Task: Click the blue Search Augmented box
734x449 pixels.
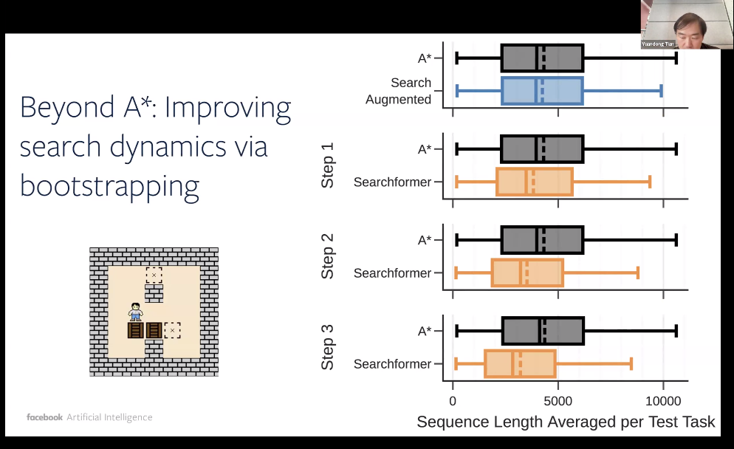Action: coord(542,91)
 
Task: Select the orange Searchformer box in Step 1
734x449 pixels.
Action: coord(535,182)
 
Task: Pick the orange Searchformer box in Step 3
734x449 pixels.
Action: coord(520,364)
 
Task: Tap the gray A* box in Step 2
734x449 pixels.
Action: coord(542,240)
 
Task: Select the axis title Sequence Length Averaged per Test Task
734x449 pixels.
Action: coord(566,422)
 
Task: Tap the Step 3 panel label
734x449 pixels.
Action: coord(328,347)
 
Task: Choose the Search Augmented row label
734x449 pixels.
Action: coord(399,92)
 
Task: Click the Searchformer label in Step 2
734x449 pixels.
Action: coord(392,273)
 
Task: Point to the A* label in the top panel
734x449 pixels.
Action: coord(424,58)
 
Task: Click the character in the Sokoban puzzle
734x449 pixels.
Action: coord(135,312)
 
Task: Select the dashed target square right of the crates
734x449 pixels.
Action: coord(172,329)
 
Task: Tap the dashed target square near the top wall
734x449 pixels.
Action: coord(154,275)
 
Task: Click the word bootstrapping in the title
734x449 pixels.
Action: coord(109,185)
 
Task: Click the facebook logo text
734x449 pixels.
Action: coord(44,417)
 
